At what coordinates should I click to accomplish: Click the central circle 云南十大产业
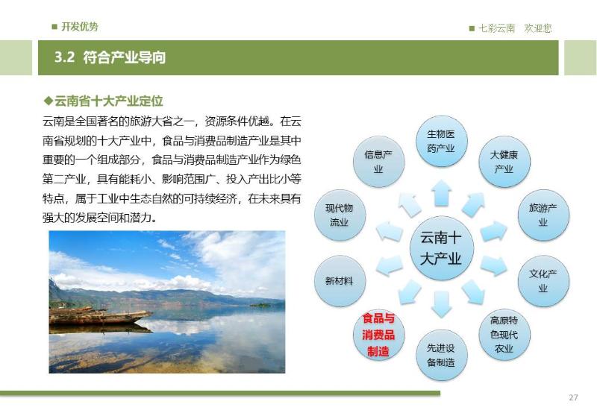point(441,248)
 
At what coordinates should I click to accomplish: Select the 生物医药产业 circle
point(441,142)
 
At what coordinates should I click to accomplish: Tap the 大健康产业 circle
point(504,162)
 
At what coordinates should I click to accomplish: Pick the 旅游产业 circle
point(543,215)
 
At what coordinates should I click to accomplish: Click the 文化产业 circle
point(543,281)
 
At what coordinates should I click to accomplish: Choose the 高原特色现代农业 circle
point(504,335)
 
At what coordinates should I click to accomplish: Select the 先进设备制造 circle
point(441,355)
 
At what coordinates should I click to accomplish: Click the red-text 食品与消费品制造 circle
point(378,335)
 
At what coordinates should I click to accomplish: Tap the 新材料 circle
point(340,281)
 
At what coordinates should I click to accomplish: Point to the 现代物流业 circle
point(340,215)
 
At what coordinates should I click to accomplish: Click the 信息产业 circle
point(378,162)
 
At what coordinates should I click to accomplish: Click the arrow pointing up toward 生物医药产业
point(442,193)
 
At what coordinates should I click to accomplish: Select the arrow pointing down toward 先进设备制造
point(442,304)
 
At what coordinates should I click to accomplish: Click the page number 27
point(573,397)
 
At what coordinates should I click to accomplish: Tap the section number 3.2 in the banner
point(64,57)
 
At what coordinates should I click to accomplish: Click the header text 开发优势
point(80,27)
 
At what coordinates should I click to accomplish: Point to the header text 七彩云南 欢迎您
point(515,28)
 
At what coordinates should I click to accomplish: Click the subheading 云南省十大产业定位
point(108,101)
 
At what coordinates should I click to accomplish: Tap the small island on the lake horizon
point(260,305)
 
